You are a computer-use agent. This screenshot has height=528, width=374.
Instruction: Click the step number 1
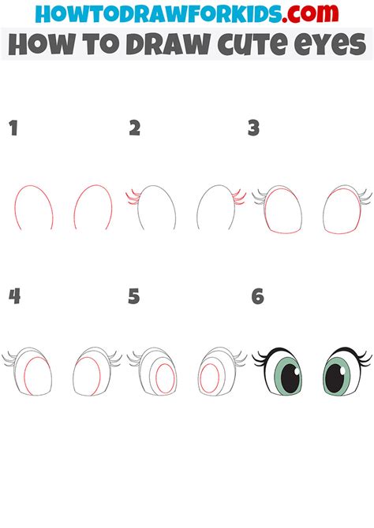(13, 128)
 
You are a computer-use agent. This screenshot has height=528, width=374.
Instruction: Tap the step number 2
(135, 128)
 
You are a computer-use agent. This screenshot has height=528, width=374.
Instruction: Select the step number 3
(253, 128)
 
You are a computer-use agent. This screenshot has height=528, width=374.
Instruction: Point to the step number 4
(13, 296)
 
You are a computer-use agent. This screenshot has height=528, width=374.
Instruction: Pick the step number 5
(134, 296)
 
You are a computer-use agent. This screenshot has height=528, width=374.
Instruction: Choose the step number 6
(257, 296)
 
